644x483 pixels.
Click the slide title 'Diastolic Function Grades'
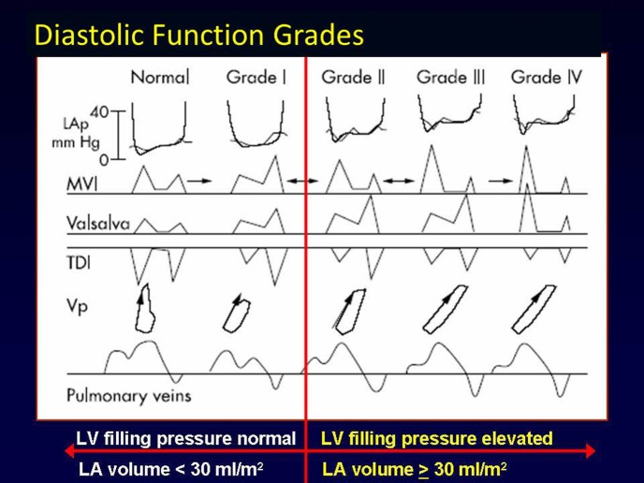[199, 35]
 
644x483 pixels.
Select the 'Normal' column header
[160, 77]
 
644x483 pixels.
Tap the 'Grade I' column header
[256, 77]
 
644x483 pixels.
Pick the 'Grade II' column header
[353, 77]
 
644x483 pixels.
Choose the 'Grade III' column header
[451, 77]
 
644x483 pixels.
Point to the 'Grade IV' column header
[547, 77]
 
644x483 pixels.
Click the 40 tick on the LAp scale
[99, 111]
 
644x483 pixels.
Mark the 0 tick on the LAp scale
[104, 159]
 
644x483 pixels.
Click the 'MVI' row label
[82, 184]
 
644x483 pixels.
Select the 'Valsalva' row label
[98, 224]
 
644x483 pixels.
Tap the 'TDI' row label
[79, 262]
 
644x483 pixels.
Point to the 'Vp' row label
[77, 306]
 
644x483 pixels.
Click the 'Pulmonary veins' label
[129, 396]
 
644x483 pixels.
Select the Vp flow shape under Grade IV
[533, 310]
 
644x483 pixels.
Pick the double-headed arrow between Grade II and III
[399, 181]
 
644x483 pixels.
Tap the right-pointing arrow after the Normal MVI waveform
[199, 181]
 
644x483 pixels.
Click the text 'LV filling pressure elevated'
[436, 439]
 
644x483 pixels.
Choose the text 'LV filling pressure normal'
[185, 439]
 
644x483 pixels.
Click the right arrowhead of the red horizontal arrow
[591, 451]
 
